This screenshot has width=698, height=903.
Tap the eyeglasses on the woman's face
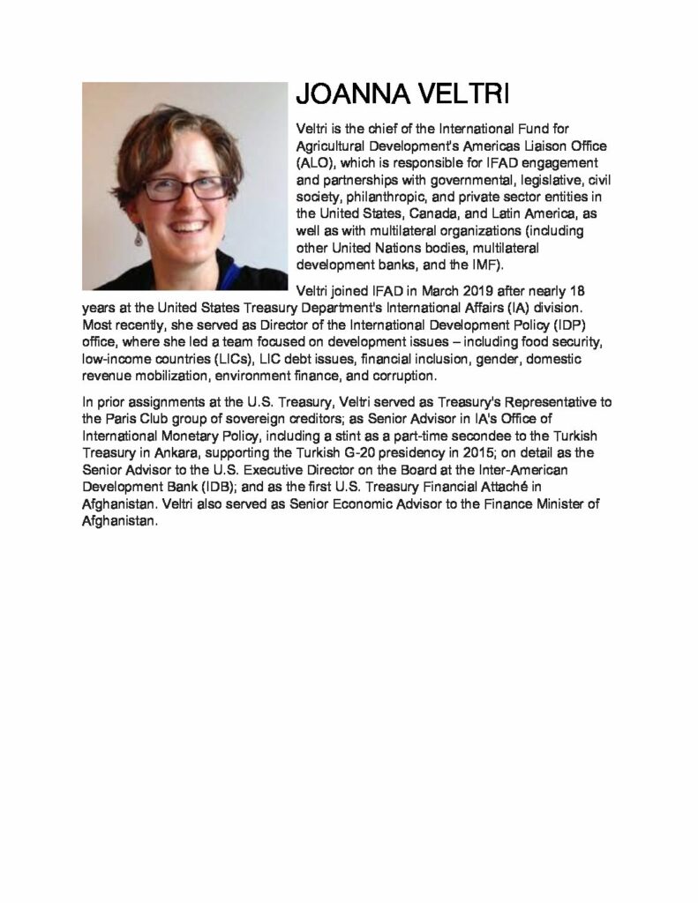tap(185, 186)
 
